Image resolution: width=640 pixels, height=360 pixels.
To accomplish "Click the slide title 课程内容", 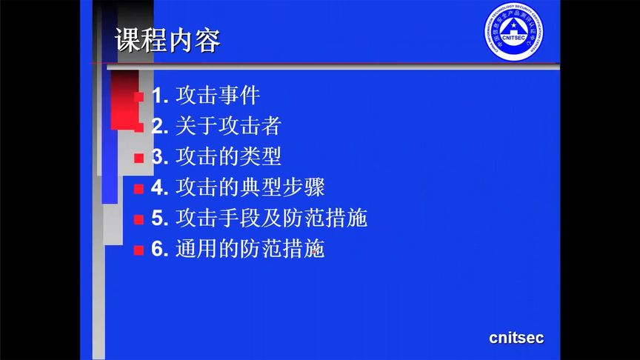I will coord(168,41).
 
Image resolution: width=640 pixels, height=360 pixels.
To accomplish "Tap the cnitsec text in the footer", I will coord(516,338).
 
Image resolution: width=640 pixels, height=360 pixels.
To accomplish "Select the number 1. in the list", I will coord(161,96).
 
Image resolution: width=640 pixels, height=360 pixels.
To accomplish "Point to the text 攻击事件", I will coord(218,96).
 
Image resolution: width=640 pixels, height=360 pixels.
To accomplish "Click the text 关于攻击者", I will coord(228,126).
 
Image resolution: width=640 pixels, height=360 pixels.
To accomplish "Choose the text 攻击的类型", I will coord(228,157).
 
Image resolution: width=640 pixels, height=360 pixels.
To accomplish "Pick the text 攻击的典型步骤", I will coord(250,187).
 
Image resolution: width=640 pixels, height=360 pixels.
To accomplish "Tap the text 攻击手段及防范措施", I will coord(271,219).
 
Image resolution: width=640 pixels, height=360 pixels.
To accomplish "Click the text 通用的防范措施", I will coord(250,250).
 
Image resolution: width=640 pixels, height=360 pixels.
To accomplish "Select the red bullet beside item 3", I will coord(139,158).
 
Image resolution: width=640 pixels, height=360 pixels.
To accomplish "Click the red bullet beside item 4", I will coord(139,189).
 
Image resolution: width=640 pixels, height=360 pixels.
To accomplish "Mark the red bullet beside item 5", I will coord(139,219).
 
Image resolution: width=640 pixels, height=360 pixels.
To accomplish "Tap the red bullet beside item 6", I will coord(139,250).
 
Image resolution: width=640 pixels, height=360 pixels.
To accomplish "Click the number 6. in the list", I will coord(161,250).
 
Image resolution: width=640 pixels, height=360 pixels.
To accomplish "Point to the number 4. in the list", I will coord(161,187).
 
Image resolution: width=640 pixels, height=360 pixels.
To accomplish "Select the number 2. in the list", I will coord(161,126).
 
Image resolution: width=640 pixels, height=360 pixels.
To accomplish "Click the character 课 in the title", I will coord(128,41).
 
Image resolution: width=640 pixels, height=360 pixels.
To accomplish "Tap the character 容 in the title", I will coord(208,41).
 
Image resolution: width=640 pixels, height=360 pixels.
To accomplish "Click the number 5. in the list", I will coord(161,219).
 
